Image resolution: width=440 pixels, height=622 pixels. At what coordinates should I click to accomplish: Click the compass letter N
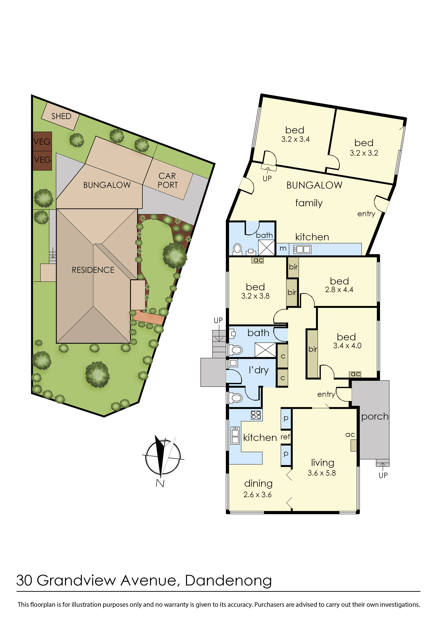click(160, 483)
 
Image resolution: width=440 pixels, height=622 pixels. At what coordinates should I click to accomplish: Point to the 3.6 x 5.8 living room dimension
click(322, 473)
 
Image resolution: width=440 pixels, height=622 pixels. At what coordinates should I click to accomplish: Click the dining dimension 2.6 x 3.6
click(257, 495)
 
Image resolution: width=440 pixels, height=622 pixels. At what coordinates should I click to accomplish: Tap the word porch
click(375, 417)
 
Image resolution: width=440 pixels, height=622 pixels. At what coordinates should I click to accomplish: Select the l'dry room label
click(258, 370)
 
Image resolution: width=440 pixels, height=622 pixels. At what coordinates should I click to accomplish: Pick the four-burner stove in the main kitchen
click(256, 415)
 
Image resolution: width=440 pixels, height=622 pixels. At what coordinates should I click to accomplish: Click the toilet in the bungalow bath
click(238, 249)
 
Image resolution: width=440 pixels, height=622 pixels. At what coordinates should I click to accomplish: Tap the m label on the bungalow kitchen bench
click(283, 248)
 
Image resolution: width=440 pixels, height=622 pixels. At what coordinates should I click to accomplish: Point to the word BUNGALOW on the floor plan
click(314, 185)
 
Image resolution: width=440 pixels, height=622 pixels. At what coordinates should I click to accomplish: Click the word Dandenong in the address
click(228, 580)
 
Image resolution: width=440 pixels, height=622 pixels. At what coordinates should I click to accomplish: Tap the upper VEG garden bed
click(42, 141)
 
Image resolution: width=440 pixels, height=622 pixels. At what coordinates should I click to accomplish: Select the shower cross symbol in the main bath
click(265, 350)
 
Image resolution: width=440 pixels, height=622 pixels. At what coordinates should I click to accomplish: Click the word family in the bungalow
click(309, 203)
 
